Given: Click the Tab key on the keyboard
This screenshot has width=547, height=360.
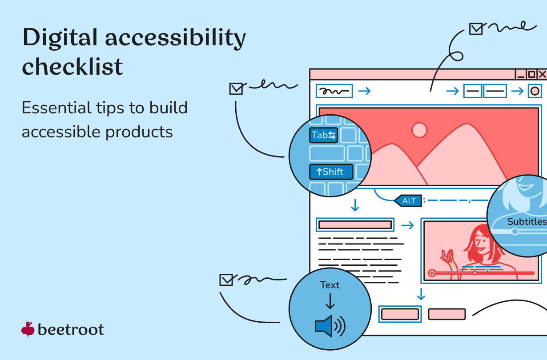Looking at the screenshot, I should click(x=323, y=135).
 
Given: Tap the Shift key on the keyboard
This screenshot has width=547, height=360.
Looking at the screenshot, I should click(x=331, y=172).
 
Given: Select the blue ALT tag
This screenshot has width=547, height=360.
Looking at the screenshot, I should click(x=408, y=200).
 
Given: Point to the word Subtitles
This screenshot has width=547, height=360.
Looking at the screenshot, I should click(x=527, y=221).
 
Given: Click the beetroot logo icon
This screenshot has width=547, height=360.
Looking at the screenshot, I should click(x=28, y=329).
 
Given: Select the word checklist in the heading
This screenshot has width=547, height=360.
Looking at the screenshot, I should click(x=72, y=67).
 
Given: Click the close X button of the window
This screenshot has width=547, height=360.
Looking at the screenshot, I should click(x=542, y=74).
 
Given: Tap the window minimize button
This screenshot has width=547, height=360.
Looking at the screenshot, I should click(x=520, y=74).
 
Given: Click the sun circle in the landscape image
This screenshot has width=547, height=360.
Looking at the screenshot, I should click(x=419, y=130).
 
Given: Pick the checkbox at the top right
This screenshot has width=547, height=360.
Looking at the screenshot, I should click(x=476, y=29).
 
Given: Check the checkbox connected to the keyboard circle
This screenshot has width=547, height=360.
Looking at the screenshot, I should click(x=236, y=89).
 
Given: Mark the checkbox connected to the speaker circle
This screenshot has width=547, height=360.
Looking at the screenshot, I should click(x=226, y=280).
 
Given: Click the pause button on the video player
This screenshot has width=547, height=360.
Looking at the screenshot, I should click(x=431, y=273).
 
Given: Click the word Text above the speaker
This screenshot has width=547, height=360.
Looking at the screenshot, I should click(x=330, y=285).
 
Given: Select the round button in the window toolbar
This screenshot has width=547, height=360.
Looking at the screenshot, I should click(x=535, y=92).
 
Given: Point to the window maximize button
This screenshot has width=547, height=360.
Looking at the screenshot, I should click(x=531, y=74).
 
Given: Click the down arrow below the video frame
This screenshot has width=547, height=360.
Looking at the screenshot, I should click(x=421, y=294).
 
